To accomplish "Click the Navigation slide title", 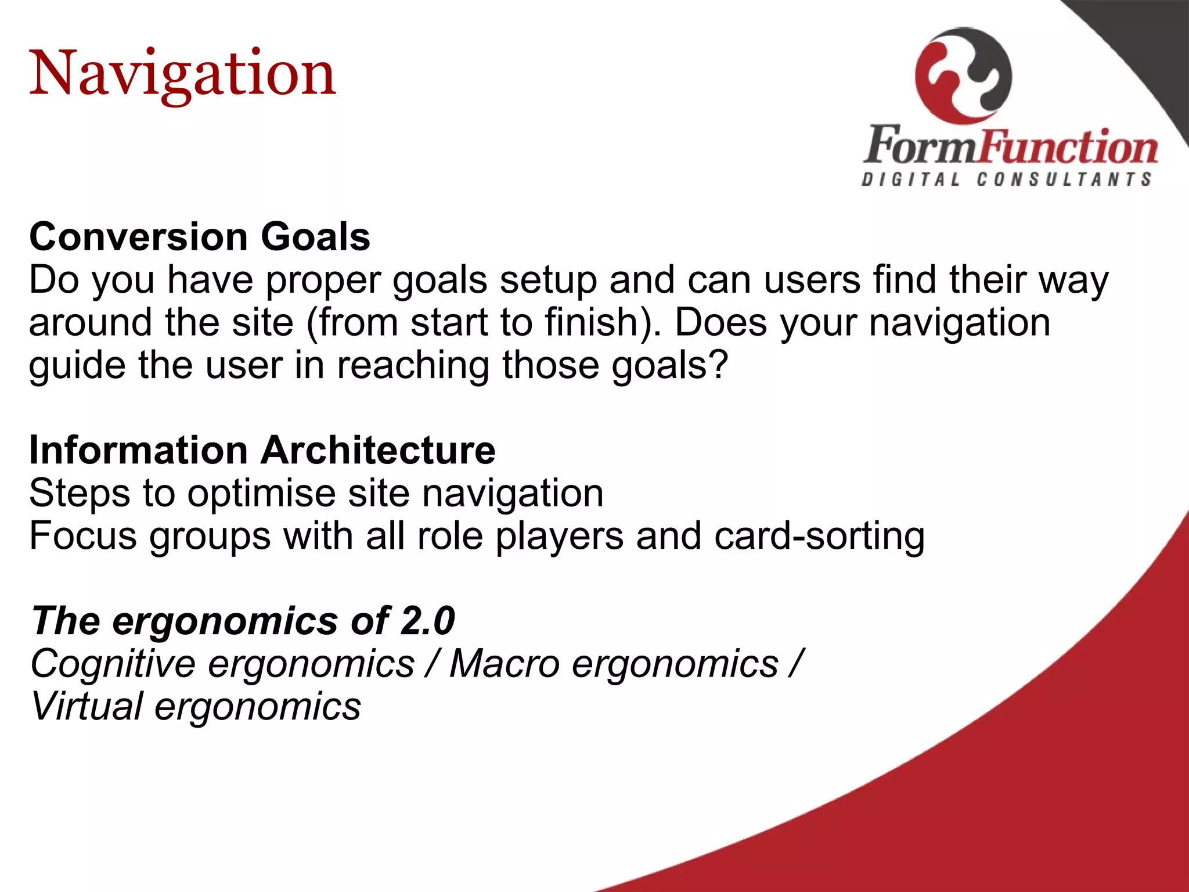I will tap(182, 74).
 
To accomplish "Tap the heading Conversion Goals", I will tap(200, 237).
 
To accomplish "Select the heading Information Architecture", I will tap(262, 450).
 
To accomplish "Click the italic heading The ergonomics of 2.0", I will tap(243, 620).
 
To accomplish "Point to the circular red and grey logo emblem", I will tap(963, 75).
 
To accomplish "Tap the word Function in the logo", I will tap(1069, 146).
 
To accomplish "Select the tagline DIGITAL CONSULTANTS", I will tap(1007, 179).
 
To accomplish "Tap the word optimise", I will tap(261, 494).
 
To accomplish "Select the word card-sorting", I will tap(819, 536).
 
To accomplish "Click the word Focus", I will tap(82, 535).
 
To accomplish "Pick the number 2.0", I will tap(427, 620).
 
